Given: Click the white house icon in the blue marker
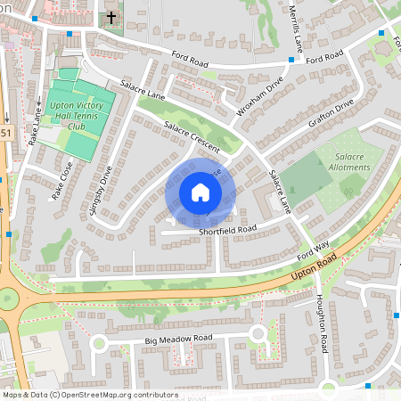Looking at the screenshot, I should (200, 192).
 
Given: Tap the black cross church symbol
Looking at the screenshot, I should (111, 18).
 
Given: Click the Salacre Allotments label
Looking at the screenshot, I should (343, 161).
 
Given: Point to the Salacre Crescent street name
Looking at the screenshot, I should (185, 135).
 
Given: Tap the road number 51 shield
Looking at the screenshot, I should (6, 134).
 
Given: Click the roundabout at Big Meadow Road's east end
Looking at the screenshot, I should (258, 334).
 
